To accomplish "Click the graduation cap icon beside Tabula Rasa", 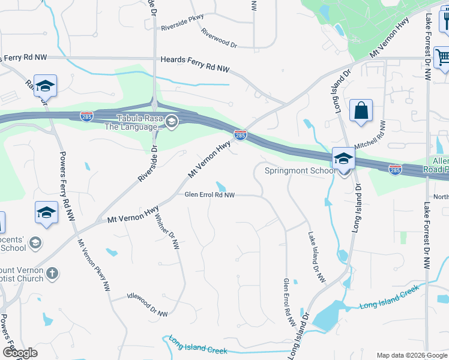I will pos(172,122).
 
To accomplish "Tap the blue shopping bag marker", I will pos(361,111).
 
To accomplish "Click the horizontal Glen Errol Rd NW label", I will pos(209,195).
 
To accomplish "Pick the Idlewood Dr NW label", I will pos(148,305).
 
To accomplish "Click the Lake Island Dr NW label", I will pos(316,257).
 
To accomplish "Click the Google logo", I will pos(20,353).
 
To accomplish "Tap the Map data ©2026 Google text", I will pos(411,355).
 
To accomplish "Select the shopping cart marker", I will pos(443,58).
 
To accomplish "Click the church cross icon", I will pos(52,273).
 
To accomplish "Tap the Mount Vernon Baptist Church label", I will pos(22,274).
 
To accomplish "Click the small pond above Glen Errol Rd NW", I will pos(221,187).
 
